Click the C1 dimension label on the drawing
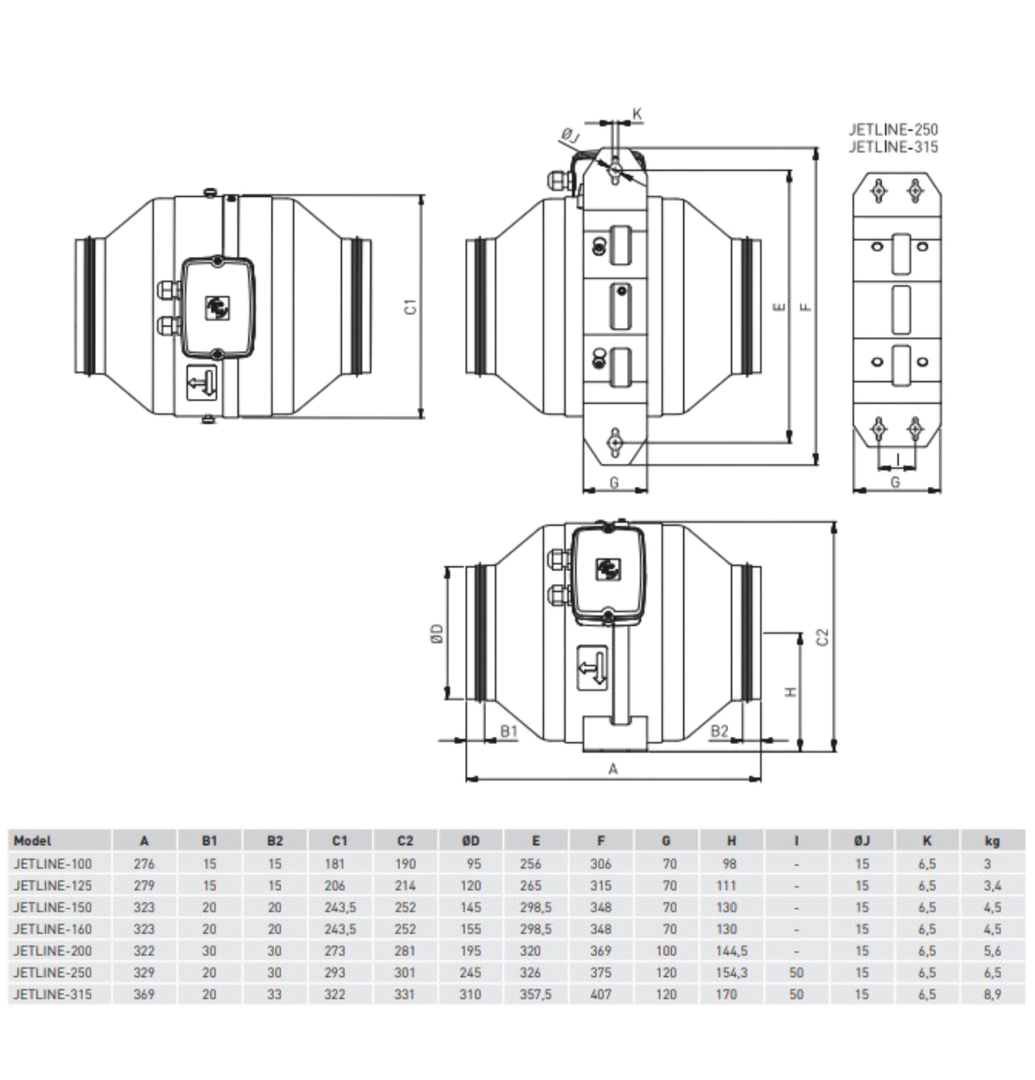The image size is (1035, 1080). (x=411, y=306)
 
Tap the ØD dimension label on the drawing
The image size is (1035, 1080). (x=437, y=633)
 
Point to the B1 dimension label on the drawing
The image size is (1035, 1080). (x=509, y=731)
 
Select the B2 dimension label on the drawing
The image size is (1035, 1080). (x=720, y=731)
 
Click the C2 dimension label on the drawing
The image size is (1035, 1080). (x=822, y=636)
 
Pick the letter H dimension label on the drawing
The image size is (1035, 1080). (x=792, y=692)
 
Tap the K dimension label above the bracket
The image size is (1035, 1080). (x=637, y=114)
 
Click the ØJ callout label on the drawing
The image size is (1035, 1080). (x=571, y=136)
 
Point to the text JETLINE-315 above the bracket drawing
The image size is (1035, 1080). (x=893, y=146)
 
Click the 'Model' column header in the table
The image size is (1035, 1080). (x=32, y=841)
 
